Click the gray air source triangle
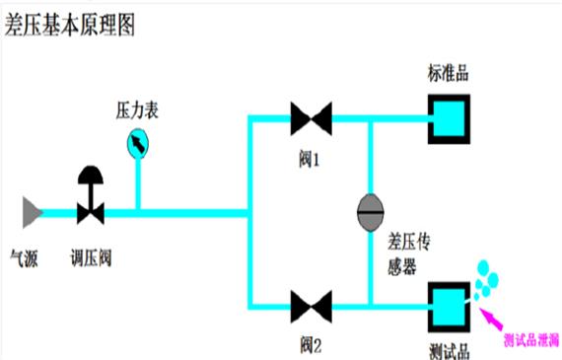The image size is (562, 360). pos(32,210)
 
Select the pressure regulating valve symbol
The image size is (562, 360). pos(91,196)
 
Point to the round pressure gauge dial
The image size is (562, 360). pos(139,145)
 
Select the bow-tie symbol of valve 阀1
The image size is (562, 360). pos(311,119)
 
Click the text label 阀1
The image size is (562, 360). pos(311,158)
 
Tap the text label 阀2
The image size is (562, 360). pos(311,345)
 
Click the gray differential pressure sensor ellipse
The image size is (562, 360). pos(372,209)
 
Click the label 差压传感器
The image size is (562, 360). pos(405,253)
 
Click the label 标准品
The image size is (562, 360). pos(447,74)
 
